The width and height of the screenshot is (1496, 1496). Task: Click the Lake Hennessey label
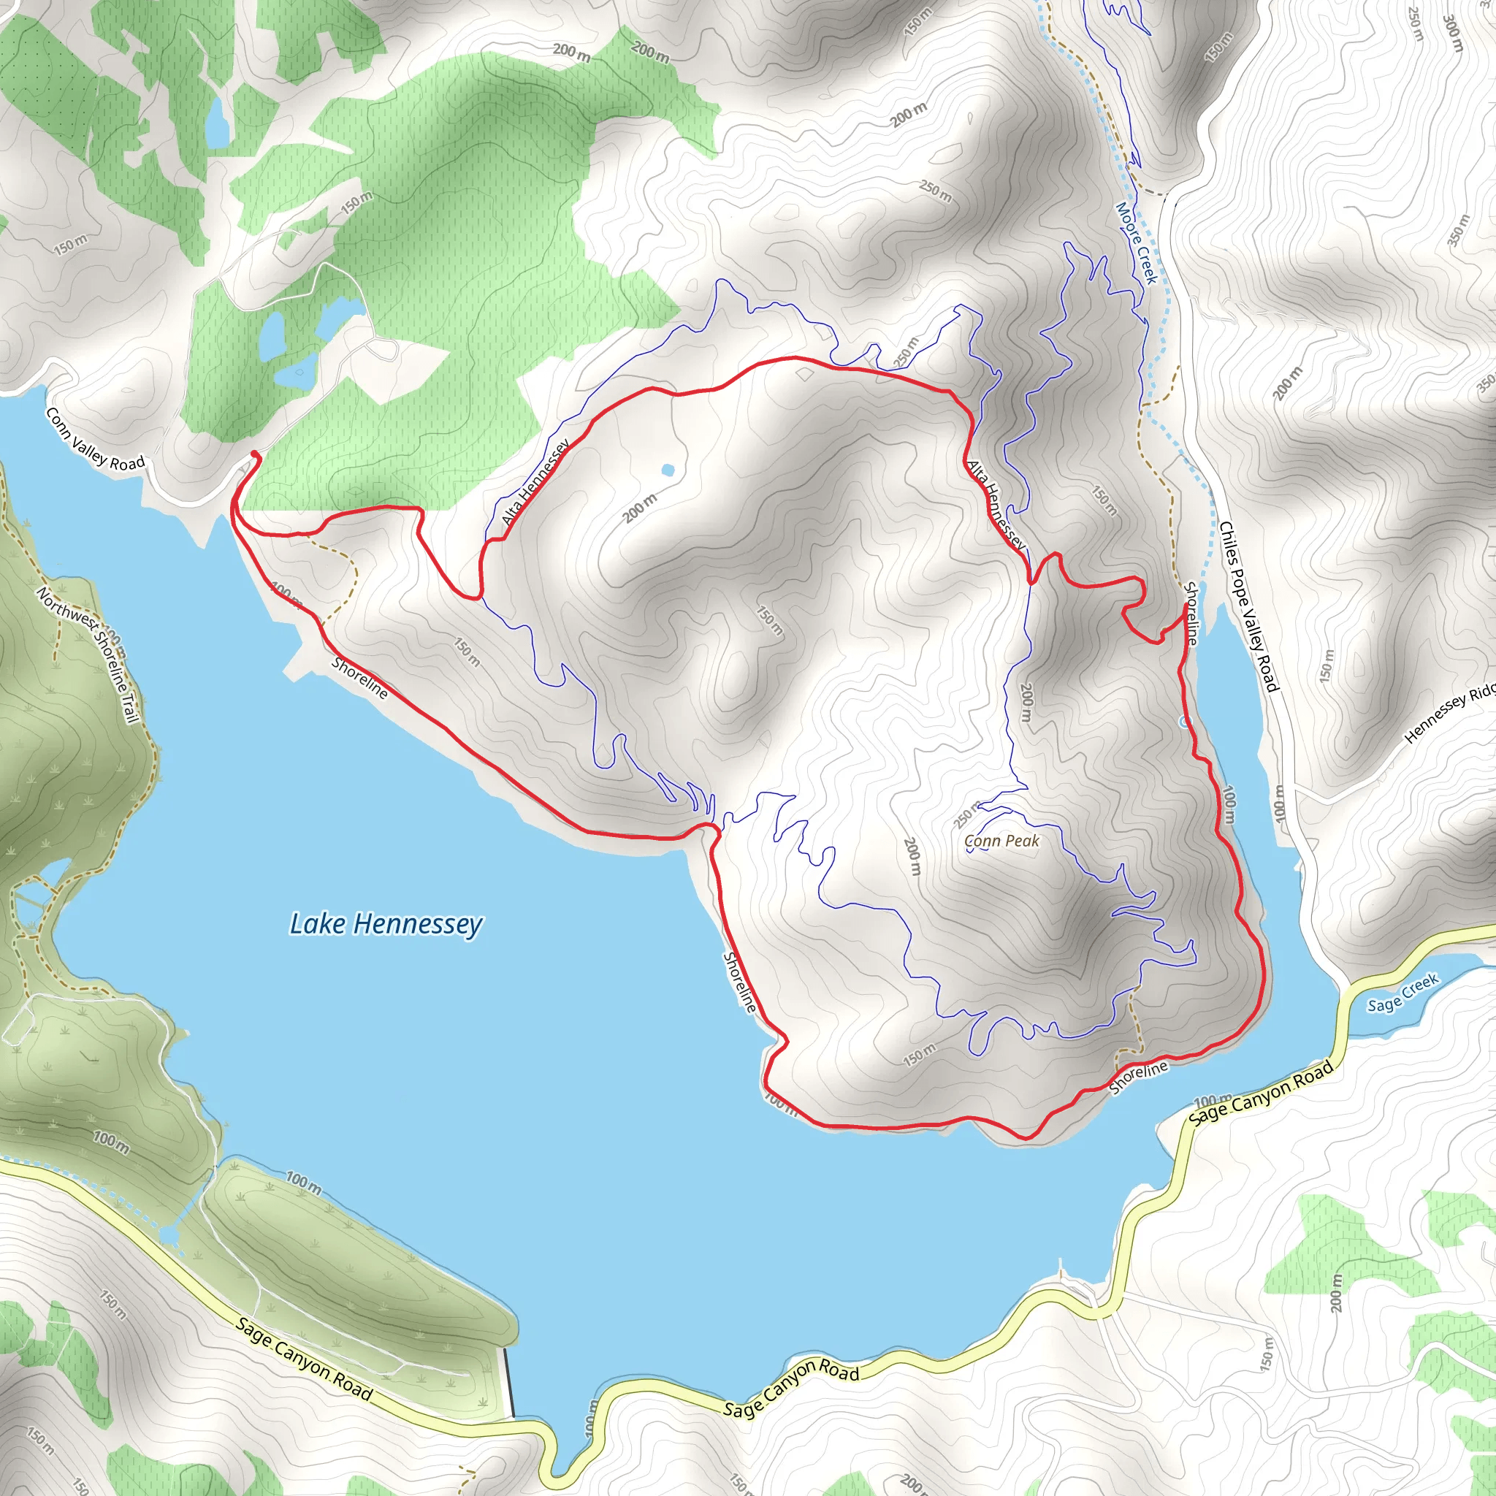pyautogui.click(x=386, y=924)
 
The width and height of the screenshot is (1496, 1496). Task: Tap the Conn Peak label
pyautogui.click(x=1002, y=841)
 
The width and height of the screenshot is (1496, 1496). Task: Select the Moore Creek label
pyautogui.click(x=1136, y=243)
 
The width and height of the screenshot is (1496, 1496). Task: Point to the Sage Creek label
pyautogui.click(x=1402, y=993)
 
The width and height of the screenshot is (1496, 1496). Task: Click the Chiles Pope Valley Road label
pyautogui.click(x=1248, y=606)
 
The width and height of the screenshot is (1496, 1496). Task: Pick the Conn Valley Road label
pyautogui.click(x=95, y=439)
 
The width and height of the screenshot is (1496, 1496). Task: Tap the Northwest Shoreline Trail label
pyautogui.click(x=88, y=655)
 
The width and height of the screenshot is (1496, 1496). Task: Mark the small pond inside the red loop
pyautogui.click(x=668, y=470)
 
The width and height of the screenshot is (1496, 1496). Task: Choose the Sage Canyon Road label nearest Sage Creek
pyautogui.click(x=1261, y=1092)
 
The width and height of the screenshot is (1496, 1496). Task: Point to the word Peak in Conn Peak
pyautogui.click(x=1023, y=841)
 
